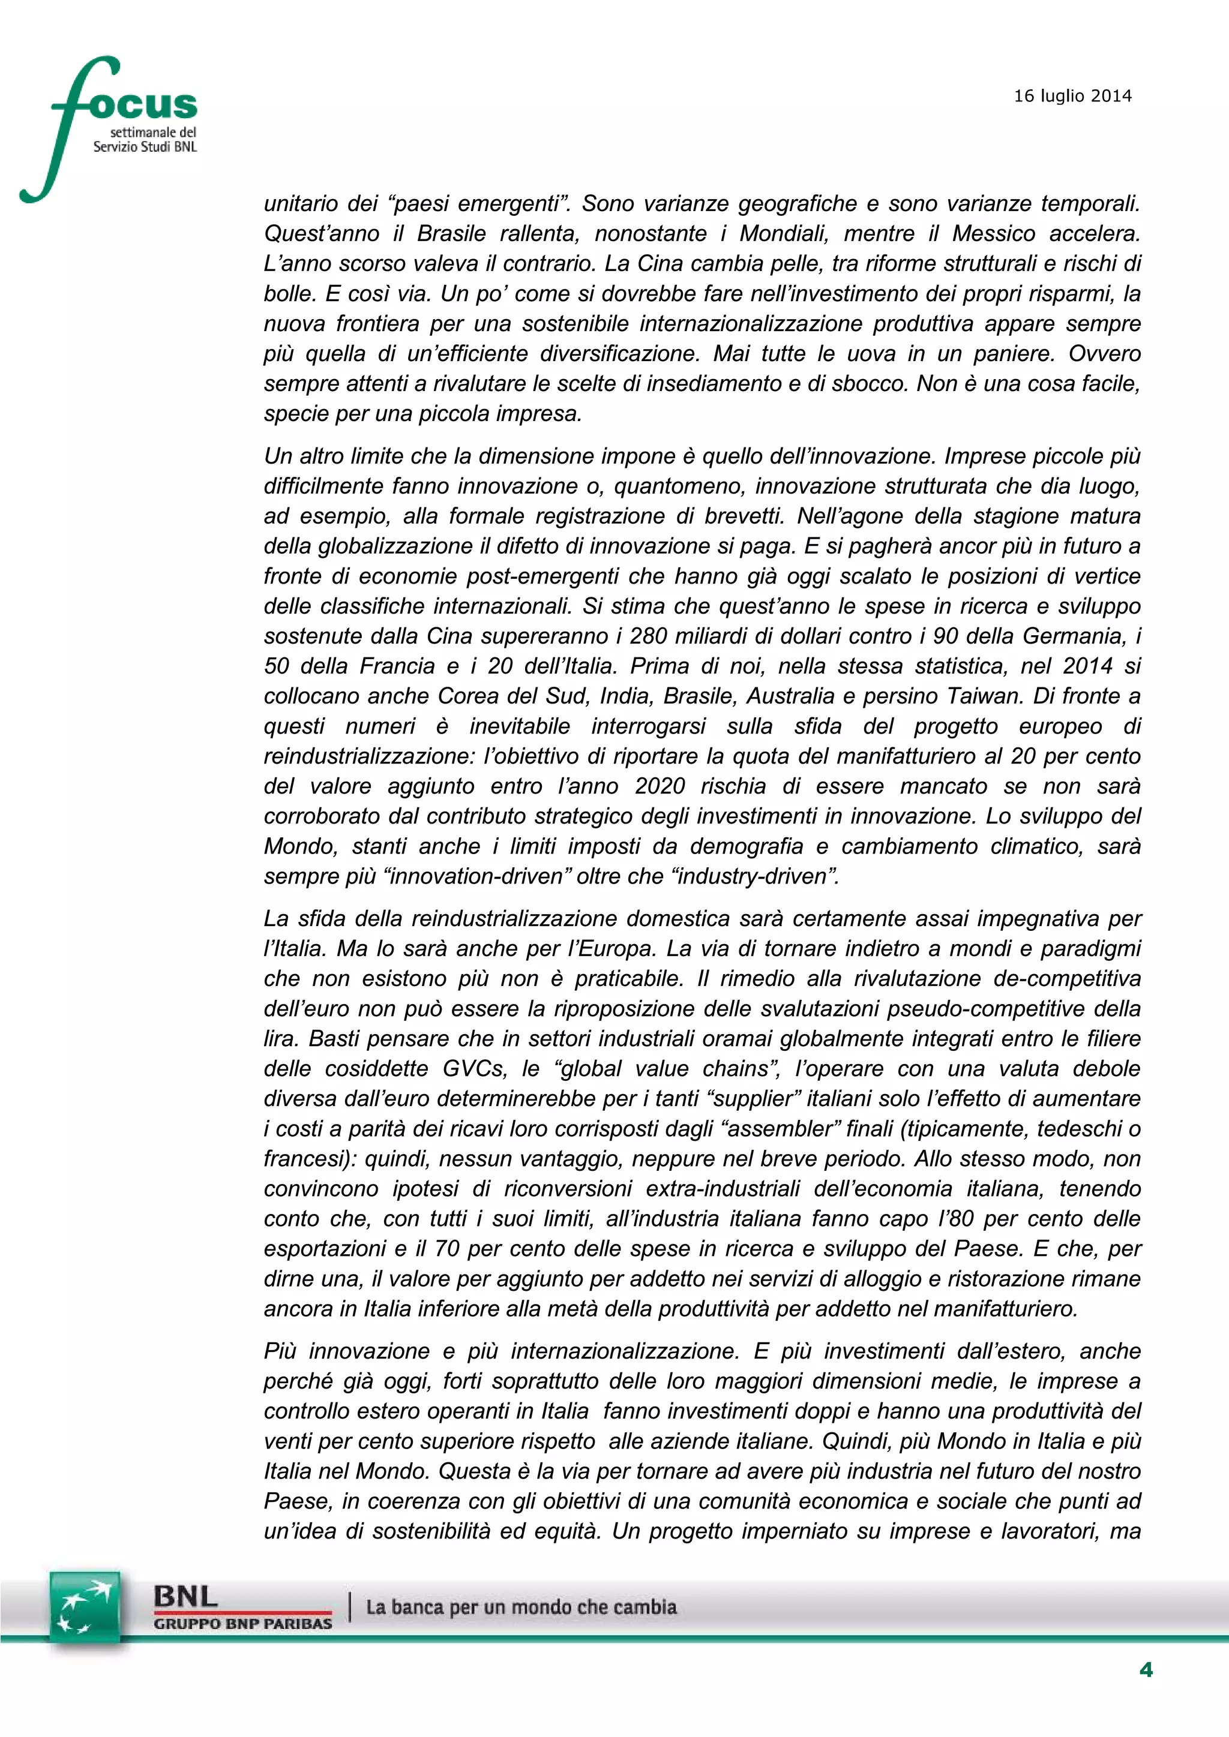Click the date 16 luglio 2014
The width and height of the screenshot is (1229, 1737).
coord(1072,96)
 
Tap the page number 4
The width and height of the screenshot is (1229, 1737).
coord(1146,1670)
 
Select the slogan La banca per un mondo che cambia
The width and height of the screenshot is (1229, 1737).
coord(521,1607)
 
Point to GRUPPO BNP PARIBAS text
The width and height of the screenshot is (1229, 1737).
coord(242,1624)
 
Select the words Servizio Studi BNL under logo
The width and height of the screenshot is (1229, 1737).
coord(145,147)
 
